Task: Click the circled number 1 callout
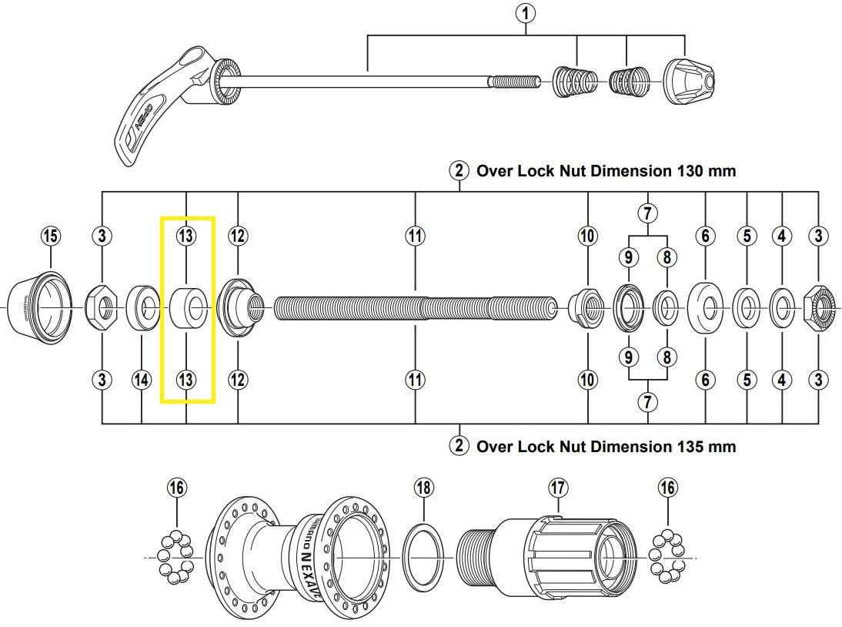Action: click(527, 13)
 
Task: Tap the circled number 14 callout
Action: click(142, 380)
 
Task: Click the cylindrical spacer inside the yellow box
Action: click(187, 308)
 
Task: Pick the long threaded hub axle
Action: click(416, 308)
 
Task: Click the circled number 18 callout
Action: click(424, 488)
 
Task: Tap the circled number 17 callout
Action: click(558, 488)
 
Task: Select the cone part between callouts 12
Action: click(239, 308)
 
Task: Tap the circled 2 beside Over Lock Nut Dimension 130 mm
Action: click(459, 171)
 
